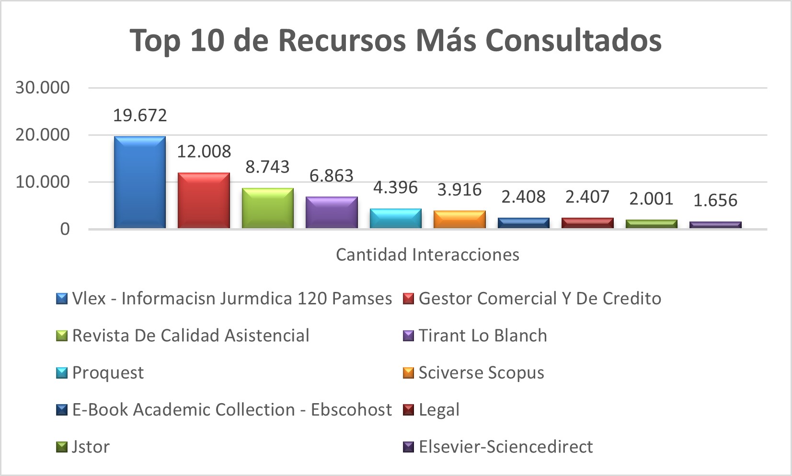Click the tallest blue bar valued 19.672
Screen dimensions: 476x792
(x=140, y=182)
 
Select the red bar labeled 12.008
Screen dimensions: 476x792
(x=204, y=200)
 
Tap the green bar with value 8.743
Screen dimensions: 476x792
(x=268, y=208)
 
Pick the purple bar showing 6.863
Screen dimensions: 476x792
(x=332, y=212)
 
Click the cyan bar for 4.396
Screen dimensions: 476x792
(x=396, y=218)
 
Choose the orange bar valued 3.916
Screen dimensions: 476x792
(x=459, y=219)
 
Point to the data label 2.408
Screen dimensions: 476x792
(x=523, y=197)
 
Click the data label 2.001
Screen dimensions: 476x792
(x=651, y=198)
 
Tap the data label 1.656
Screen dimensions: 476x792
(x=715, y=200)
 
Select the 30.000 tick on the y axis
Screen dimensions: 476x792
(x=43, y=88)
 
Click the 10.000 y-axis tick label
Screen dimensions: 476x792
(x=43, y=182)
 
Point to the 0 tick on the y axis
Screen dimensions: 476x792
(x=65, y=229)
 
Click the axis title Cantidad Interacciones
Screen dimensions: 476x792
(x=427, y=255)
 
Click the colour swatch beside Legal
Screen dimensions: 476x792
(x=408, y=410)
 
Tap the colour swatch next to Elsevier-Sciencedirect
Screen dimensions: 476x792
(x=408, y=447)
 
